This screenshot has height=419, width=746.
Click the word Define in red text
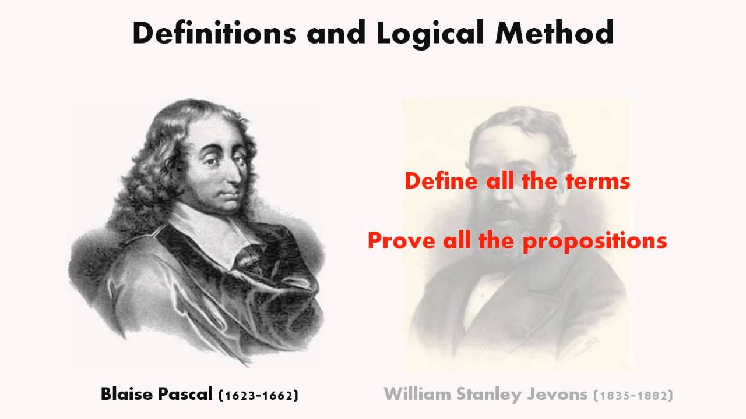pos(442,181)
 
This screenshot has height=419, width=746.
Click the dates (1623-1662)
pos(258,395)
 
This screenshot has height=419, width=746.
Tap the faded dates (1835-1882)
pos(633,395)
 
